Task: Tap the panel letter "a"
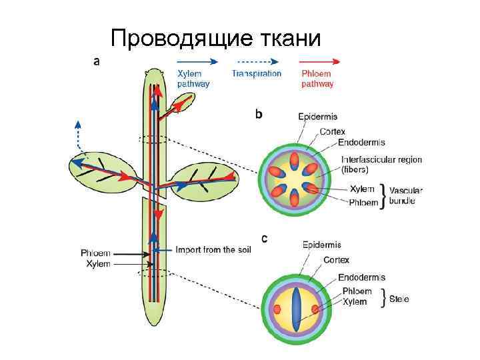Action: click(x=97, y=61)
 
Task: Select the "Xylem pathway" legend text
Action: click(x=193, y=79)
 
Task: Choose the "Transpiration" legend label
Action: click(x=257, y=74)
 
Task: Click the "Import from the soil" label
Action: click(x=214, y=250)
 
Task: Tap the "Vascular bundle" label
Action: click(x=405, y=195)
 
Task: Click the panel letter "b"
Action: click(x=259, y=115)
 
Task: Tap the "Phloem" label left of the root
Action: click(x=95, y=253)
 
